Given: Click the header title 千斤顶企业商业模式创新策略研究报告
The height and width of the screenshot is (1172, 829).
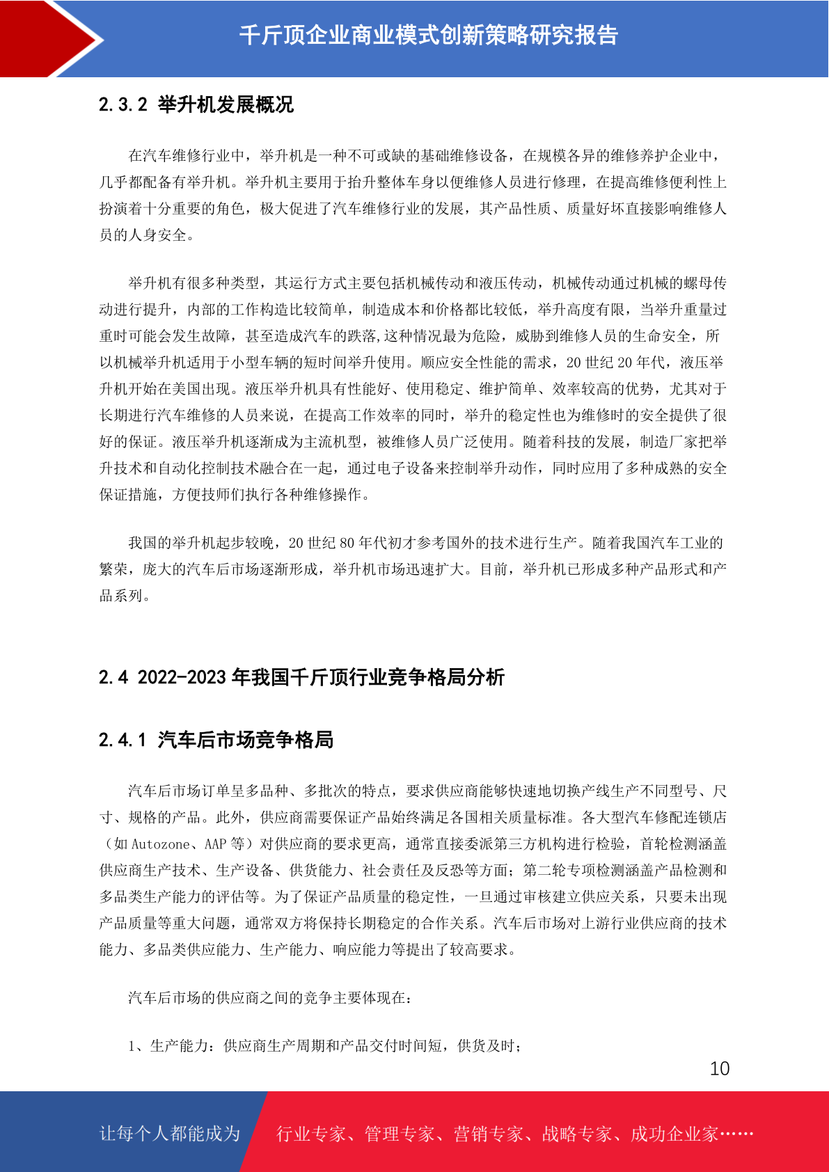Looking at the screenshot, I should (428, 35).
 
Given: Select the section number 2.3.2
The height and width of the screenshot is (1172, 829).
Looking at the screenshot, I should (123, 105).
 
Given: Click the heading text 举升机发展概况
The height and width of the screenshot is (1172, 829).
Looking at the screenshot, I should (226, 105).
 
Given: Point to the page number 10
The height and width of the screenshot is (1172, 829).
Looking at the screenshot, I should (719, 1069).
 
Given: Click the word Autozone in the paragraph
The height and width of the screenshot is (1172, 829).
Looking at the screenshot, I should (160, 844).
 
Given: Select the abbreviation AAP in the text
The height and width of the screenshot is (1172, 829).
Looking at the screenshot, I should (215, 844).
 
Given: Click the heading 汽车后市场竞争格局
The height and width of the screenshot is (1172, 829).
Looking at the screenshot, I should (246, 740).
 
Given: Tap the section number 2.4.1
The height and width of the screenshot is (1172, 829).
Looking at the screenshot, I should (123, 740).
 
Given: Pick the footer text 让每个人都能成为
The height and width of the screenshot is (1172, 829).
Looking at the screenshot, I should (170, 1134).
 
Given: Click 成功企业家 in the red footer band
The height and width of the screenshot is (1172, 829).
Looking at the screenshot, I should (674, 1134).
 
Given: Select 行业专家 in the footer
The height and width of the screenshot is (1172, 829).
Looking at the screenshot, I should (311, 1134).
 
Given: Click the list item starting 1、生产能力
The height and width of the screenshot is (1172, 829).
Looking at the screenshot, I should (324, 1046).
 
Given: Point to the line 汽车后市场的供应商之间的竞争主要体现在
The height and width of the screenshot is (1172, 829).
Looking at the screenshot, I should (269, 998).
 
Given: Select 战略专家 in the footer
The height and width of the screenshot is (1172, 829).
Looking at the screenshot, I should (576, 1134).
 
